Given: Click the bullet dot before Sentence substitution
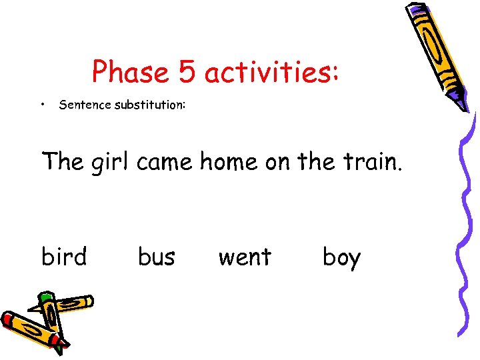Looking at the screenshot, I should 42,104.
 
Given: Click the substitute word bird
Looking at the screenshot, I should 64,256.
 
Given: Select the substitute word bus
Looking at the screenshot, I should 157,256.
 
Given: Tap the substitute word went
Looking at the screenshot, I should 245,256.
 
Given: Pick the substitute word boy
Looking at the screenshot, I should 341,257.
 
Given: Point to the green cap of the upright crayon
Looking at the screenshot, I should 45,297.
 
